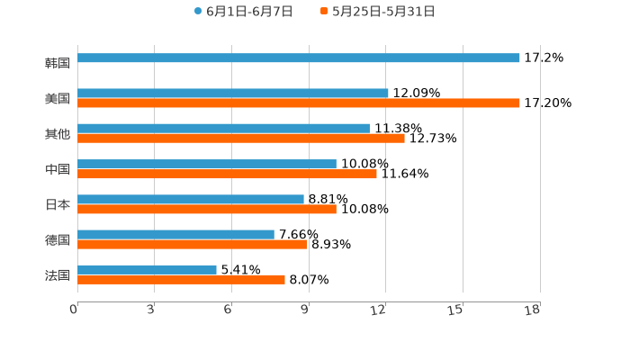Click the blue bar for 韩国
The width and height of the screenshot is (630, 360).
(299, 58)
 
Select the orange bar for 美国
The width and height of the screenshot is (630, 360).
(299, 103)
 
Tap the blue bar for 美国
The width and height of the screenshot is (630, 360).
(233, 93)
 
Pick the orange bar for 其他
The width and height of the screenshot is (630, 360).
(241, 139)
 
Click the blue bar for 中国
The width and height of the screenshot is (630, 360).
(207, 164)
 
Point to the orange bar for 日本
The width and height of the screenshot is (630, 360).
(207, 209)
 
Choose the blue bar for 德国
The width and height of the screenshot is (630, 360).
(176, 234)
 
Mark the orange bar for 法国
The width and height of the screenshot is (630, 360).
(182, 280)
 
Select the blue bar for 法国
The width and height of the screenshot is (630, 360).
(148, 269)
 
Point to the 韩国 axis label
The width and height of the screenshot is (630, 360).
(58, 63)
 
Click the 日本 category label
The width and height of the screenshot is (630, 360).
(58, 204)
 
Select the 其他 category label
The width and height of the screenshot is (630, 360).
(58, 134)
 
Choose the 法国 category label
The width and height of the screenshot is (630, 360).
(58, 274)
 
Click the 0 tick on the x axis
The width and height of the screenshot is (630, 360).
(74, 310)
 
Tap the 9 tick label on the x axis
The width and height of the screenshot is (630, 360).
(304, 310)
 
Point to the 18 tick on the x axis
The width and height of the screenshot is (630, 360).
(532, 310)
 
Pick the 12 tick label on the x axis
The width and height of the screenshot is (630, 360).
(379, 310)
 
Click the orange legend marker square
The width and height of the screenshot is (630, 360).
(324, 12)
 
